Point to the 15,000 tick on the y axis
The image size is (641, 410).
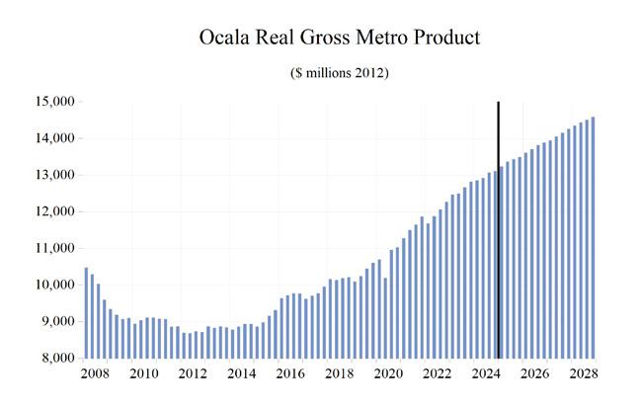coord(55,102)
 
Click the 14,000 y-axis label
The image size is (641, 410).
coord(55,138)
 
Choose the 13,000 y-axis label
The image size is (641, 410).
coord(55,175)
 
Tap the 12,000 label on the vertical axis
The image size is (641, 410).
coord(55,211)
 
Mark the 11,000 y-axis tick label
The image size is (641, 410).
coord(55,248)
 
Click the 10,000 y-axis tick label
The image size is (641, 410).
coord(55,285)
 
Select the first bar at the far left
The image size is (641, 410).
coord(86,312)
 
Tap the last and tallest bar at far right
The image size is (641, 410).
coord(594,237)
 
